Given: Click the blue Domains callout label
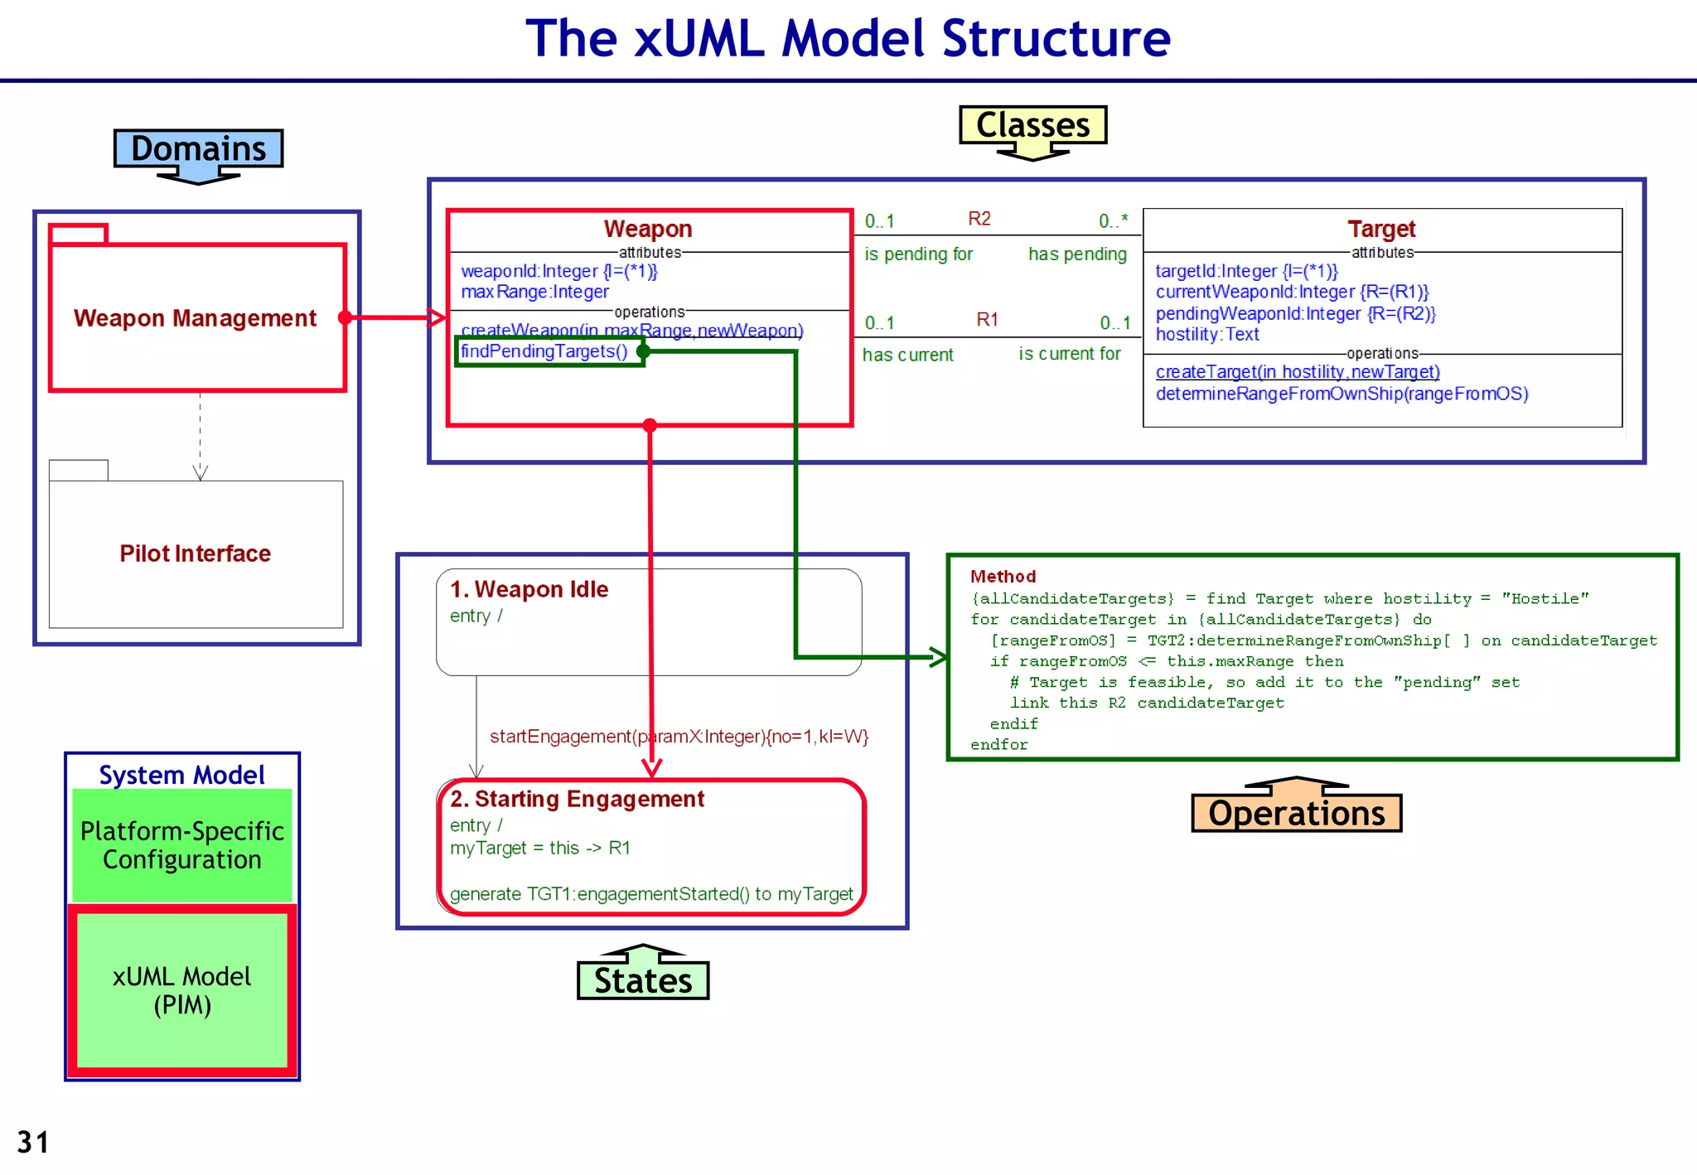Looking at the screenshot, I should click(x=198, y=148).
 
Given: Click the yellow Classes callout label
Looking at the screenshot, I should click(x=1032, y=125).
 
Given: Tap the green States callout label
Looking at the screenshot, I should click(x=643, y=980).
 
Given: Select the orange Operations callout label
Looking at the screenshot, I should click(x=1296, y=813).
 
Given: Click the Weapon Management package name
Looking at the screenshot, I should click(x=195, y=318).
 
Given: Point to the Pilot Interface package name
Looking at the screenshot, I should click(x=195, y=554).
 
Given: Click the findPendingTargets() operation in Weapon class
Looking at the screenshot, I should click(x=544, y=351).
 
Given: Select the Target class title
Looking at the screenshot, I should click(x=1381, y=229).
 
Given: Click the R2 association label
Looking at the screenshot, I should click(x=979, y=219).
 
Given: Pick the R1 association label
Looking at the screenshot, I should click(x=987, y=320).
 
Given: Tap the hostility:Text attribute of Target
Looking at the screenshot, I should click(x=1206, y=335).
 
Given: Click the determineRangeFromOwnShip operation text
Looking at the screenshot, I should click(x=1342, y=394).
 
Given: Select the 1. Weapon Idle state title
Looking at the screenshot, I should click(x=529, y=589).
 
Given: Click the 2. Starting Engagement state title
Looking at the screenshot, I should click(x=577, y=799).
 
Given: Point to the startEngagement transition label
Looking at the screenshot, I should click(x=679, y=737).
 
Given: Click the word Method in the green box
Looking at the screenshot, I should click(x=1003, y=577).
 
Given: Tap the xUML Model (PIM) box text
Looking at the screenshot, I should click(x=181, y=990).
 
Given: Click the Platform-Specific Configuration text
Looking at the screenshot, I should click(x=181, y=845).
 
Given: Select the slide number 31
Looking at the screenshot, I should click(x=33, y=1143).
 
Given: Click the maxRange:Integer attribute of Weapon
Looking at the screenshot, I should click(x=534, y=292).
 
